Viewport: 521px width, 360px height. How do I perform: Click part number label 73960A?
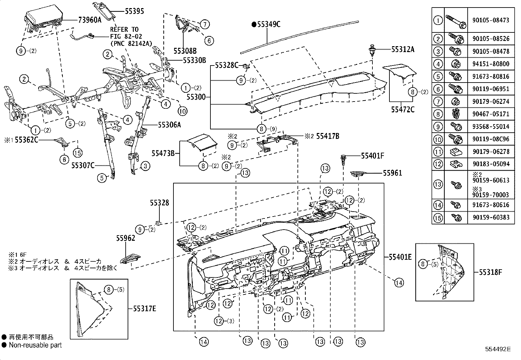pyautogui.click(x=89, y=20)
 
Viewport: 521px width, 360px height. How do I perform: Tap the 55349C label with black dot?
pyautogui.click(x=266, y=24)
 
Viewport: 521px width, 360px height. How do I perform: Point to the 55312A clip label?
pyautogui.click(x=403, y=50)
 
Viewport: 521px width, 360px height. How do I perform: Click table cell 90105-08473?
pyautogui.click(x=491, y=20)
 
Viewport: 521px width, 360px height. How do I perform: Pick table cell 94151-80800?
pyautogui.click(x=491, y=64)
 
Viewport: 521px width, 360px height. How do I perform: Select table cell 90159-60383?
pyautogui.click(x=491, y=218)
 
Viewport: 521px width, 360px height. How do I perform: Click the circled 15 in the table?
pyautogui.click(x=438, y=218)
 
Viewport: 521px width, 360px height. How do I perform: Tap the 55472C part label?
pyautogui.click(x=402, y=110)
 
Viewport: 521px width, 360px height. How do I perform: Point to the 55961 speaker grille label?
pyautogui.click(x=392, y=173)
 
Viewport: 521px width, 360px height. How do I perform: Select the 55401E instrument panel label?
pyautogui.click(x=400, y=257)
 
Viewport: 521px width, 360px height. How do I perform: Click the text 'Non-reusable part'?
pyautogui.click(x=35, y=345)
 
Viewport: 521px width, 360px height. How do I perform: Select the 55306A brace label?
pyautogui.click(x=169, y=125)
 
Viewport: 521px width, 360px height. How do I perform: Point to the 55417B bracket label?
pyautogui.click(x=327, y=136)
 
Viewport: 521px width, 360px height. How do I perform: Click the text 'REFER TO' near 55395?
pyautogui.click(x=124, y=29)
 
